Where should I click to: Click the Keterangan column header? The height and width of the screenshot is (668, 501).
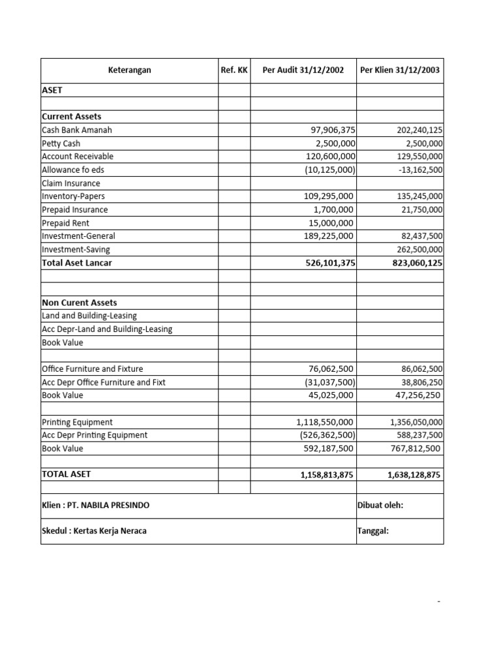tap(129, 70)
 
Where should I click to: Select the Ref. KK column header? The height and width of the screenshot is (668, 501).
tap(234, 70)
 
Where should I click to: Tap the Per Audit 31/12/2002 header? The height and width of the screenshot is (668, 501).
tap(303, 70)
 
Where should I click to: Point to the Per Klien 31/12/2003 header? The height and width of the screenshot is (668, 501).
tap(400, 70)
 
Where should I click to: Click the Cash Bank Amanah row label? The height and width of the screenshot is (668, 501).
tap(77, 130)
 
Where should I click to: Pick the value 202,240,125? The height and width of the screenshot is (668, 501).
tap(419, 130)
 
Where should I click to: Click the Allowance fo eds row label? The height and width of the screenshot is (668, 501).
tap(73, 170)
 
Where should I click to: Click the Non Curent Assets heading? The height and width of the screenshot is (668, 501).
tap(80, 303)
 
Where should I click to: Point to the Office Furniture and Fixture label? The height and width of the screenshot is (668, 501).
tap(93, 369)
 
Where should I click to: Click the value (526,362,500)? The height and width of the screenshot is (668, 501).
tap(327, 435)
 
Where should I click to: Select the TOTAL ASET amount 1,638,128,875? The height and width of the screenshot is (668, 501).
tap(414, 475)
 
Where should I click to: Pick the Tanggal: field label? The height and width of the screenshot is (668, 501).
tap(373, 531)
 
